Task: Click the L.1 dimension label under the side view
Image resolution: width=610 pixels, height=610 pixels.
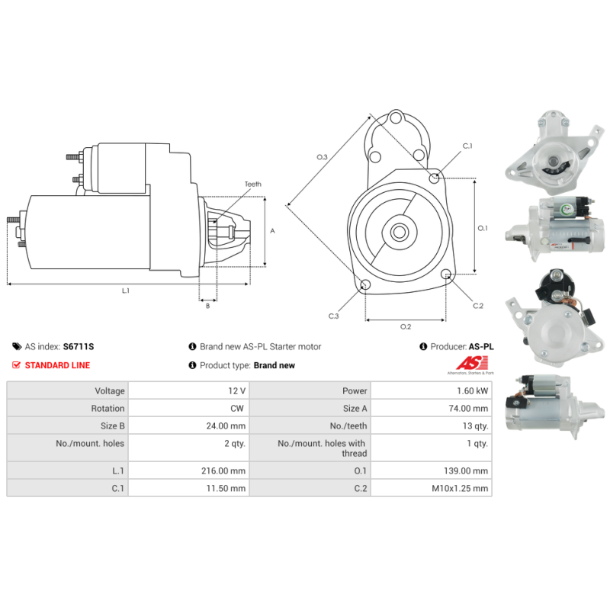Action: pyautogui.click(x=126, y=291)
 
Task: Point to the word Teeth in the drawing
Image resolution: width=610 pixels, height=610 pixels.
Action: pyautogui.click(x=252, y=185)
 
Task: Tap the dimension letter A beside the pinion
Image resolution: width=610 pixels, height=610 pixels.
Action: pyautogui.click(x=272, y=230)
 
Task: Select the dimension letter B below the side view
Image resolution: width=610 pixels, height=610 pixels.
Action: pyautogui.click(x=207, y=306)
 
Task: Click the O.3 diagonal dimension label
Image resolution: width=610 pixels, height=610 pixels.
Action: pyautogui.click(x=322, y=157)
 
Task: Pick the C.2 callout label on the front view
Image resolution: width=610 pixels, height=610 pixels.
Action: pyautogui.click(x=478, y=306)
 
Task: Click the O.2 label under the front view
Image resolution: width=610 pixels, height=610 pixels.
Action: pyautogui.click(x=406, y=327)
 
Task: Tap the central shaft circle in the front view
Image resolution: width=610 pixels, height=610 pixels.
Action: pyautogui.click(x=399, y=232)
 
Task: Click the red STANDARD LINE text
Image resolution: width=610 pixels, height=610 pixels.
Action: pyautogui.click(x=57, y=365)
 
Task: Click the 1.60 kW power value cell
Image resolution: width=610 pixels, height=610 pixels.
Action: pyautogui.click(x=431, y=390)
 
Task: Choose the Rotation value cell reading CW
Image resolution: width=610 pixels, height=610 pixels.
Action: pyautogui.click(x=188, y=409)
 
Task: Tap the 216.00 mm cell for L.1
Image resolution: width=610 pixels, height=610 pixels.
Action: pyautogui.click(x=188, y=471)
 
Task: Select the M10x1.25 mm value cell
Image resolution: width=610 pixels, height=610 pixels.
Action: pyautogui.click(x=431, y=489)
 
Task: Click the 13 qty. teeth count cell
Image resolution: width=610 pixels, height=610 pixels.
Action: pyautogui.click(x=431, y=426)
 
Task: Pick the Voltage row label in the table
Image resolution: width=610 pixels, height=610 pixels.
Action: pyautogui.click(x=67, y=390)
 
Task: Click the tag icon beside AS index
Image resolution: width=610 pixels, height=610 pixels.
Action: pyautogui.click(x=17, y=346)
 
